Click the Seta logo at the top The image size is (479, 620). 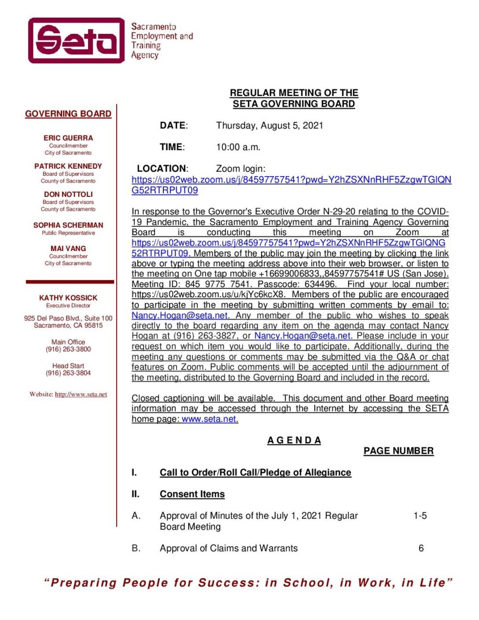point(77,40)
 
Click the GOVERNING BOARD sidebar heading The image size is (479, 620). point(68,114)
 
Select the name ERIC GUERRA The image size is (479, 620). point(68,138)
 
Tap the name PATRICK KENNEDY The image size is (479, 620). point(68,166)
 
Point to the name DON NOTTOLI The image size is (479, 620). point(68,194)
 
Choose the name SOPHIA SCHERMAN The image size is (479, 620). point(68,225)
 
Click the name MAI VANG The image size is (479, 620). point(68,248)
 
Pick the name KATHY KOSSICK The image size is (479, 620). point(68,298)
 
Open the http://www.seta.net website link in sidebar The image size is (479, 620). point(81,394)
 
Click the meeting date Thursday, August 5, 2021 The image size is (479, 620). point(269,125)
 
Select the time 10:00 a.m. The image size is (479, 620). point(238,147)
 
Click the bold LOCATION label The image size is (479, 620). point(162,168)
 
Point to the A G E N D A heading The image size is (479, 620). point(294,440)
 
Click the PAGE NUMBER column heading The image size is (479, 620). point(398,451)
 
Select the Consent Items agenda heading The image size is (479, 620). point(192,494)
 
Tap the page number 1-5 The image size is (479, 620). point(420,516)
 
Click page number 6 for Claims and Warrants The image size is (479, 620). point(421,548)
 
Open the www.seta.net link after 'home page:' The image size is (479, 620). point(209,419)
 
